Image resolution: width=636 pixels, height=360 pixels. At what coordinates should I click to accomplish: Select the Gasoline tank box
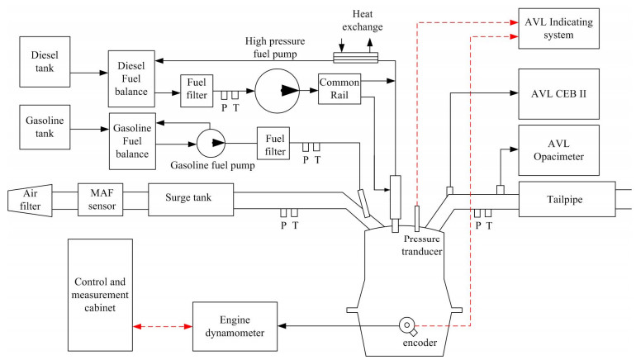tap(44, 128)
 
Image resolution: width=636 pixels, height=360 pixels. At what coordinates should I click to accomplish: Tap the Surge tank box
tap(189, 198)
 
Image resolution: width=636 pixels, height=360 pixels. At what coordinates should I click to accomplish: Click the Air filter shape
tap(30, 199)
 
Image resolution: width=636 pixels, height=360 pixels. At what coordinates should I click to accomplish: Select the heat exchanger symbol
tap(354, 57)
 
